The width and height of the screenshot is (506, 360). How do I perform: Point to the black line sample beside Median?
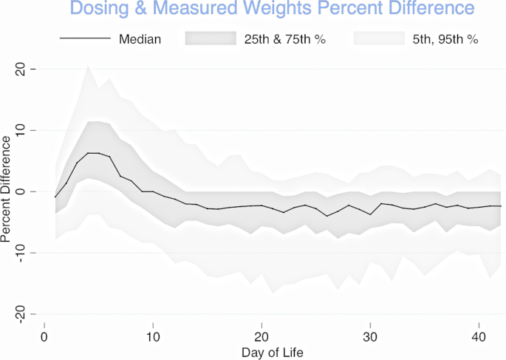coord(84,38)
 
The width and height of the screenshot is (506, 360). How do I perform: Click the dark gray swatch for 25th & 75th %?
coord(210,38)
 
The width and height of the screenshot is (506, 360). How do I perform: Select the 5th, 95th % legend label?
coord(445,38)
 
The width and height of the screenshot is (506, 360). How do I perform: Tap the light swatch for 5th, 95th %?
coord(379,38)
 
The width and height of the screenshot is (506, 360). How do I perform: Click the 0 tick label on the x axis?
coord(44,336)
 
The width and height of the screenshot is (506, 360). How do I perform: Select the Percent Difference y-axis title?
coord(6,191)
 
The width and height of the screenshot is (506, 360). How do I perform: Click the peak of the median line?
coord(93,153)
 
